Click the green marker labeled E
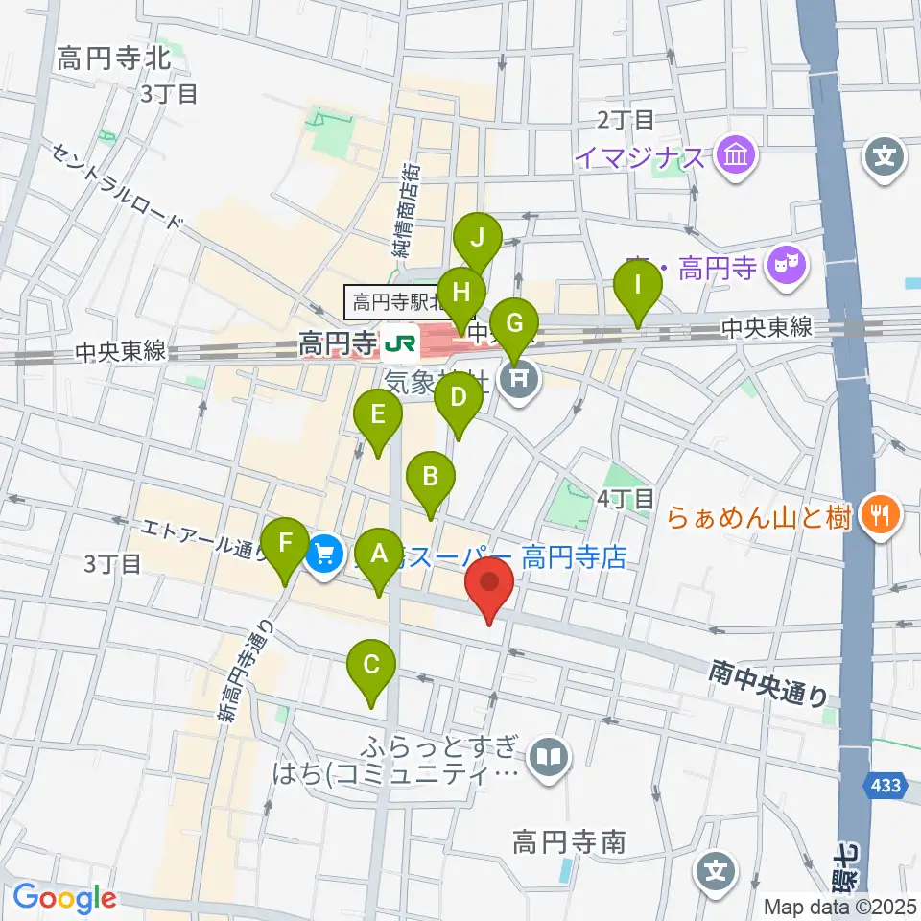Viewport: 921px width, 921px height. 377,415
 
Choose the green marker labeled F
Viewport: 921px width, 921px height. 286,542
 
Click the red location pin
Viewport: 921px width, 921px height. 489,584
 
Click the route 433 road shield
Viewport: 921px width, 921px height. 886,786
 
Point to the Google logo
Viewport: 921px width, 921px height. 65,898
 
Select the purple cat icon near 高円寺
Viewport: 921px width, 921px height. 790,261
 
